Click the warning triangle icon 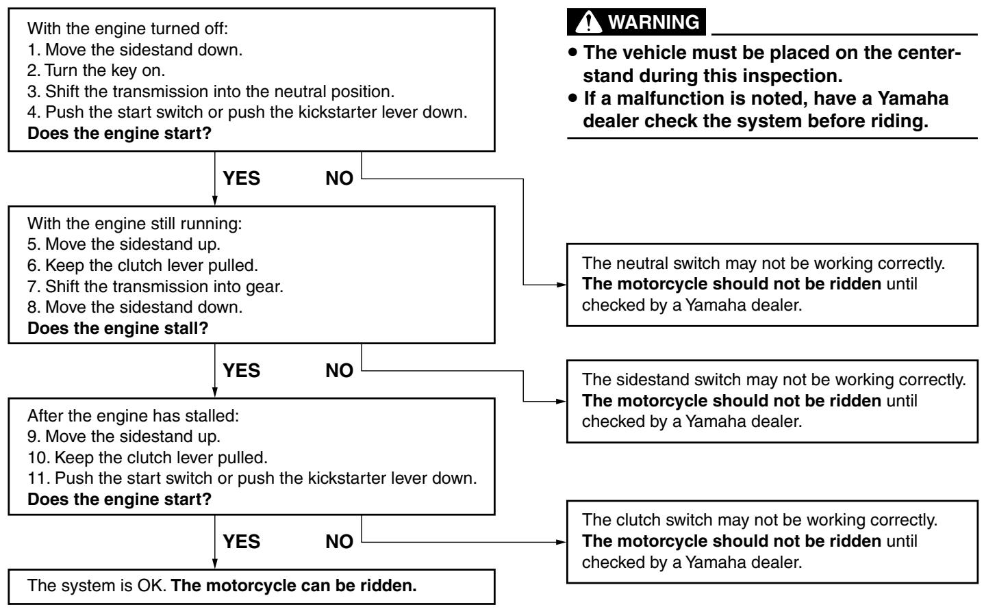click(588, 22)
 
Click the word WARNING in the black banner click(654, 22)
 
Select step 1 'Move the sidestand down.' click(135, 50)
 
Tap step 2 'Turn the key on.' click(96, 70)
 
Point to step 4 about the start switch click(247, 112)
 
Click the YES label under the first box click(241, 179)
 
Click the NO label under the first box click(339, 179)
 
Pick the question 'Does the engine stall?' click(118, 328)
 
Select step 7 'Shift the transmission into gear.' click(155, 286)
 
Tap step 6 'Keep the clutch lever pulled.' click(142, 265)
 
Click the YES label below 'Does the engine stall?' click(241, 371)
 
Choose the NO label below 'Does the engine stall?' click(339, 371)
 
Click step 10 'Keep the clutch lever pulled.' click(147, 458)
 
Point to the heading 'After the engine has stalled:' click(133, 415)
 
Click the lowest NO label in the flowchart click(339, 542)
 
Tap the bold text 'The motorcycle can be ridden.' click(294, 585)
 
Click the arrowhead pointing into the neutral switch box click(561, 285)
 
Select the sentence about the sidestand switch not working click(774, 380)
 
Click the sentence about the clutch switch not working click(759, 520)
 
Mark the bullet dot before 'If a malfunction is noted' click(572, 97)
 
